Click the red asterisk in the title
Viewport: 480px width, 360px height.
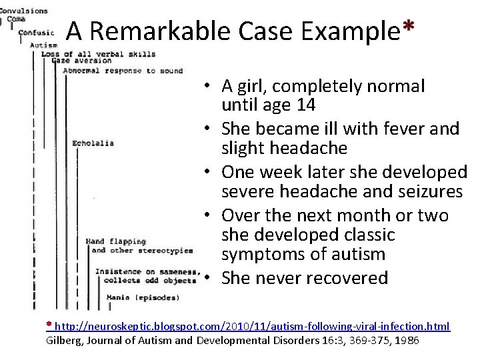point(409,27)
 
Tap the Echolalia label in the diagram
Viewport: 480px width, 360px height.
point(93,143)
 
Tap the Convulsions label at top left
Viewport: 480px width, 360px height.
point(24,11)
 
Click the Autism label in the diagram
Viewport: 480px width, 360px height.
point(44,45)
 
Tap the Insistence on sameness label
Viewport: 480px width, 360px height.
point(146,271)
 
